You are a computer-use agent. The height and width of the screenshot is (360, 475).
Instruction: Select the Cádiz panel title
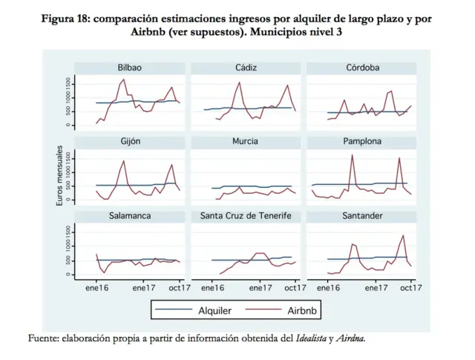[246, 68]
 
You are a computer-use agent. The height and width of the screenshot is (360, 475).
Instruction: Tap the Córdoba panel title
[362, 68]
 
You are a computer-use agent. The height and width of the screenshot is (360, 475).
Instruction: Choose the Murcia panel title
[246, 141]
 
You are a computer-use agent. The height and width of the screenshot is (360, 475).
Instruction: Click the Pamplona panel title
[362, 141]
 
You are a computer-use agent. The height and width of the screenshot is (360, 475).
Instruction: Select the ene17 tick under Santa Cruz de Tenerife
[260, 286]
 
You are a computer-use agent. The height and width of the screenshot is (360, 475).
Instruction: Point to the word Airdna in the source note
[350, 338]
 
